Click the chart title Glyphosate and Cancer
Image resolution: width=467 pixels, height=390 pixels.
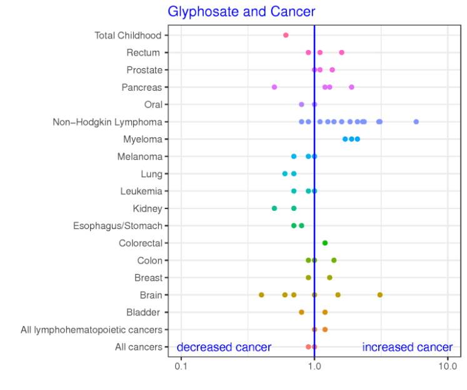coord(241,11)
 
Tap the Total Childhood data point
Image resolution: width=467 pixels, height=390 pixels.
coord(286,35)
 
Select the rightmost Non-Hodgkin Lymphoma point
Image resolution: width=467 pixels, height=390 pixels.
coord(416,122)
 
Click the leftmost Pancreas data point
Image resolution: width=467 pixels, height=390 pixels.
coord(274,87)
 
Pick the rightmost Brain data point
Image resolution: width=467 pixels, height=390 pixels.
coord(379,295)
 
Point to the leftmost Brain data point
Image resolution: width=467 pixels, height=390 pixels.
coord(261,295)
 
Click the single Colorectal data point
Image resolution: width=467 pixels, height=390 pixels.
coord(325,243)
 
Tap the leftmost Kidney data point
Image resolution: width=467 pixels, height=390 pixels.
coord(274,208)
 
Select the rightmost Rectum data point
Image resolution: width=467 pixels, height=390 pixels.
coord(341,53)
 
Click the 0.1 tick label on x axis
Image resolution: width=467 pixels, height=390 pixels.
coord(181,366)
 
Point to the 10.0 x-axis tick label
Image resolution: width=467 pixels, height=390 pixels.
coord(448,366)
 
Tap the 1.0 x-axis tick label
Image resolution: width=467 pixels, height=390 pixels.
coord(314,366)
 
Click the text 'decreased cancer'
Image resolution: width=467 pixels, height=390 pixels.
coord(224,347)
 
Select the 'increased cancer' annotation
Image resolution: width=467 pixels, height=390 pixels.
coord(407,347)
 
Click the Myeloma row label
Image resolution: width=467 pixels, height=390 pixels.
coord(144,139)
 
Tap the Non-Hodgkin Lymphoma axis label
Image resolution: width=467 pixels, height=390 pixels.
coord(108,122)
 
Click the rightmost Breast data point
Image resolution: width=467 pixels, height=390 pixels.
coord(329,277)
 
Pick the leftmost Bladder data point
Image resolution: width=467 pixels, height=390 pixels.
coord(301,312)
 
